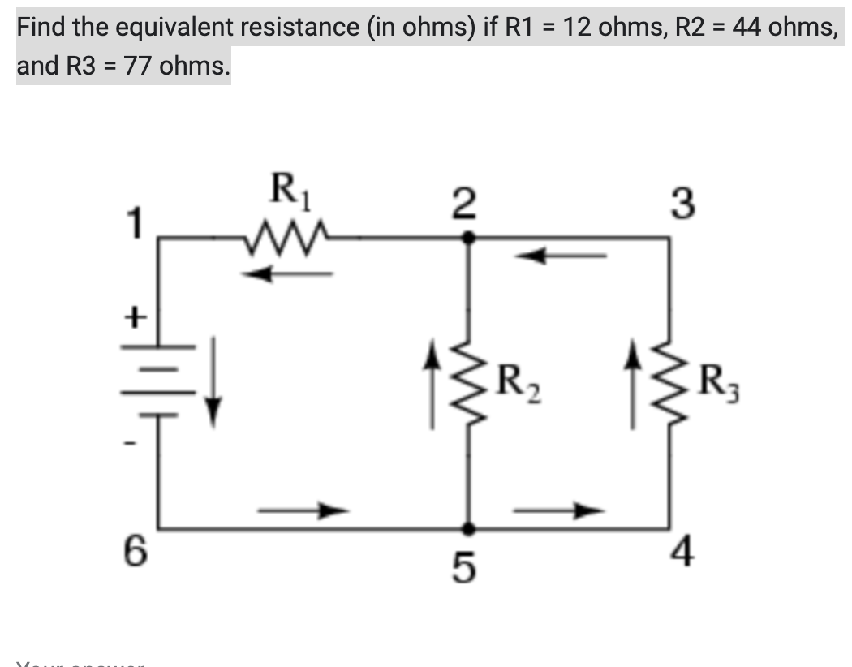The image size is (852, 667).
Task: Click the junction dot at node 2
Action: (x=468, y=238)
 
